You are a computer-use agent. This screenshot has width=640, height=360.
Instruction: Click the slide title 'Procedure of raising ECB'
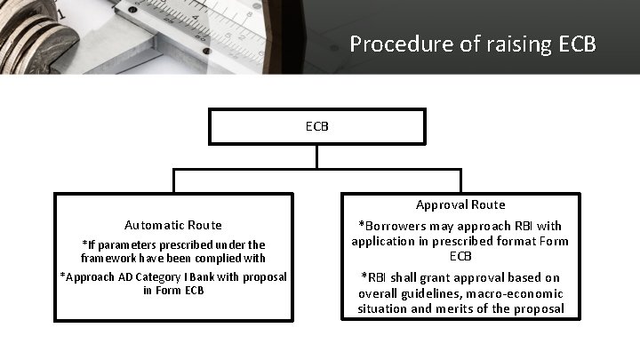point(473,44)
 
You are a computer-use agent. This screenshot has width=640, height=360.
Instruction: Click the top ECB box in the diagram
point(317,126)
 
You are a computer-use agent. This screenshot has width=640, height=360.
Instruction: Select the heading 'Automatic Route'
point(173,225)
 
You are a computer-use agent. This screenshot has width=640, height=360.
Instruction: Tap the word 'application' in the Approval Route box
point(385,241)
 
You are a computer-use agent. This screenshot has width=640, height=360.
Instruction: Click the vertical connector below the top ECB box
point(317,156)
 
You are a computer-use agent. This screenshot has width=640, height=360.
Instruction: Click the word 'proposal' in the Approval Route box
point(540,308)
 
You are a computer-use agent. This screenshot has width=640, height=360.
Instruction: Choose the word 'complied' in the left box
point(214,258)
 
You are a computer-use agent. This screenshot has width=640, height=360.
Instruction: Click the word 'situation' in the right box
point(383,308)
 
